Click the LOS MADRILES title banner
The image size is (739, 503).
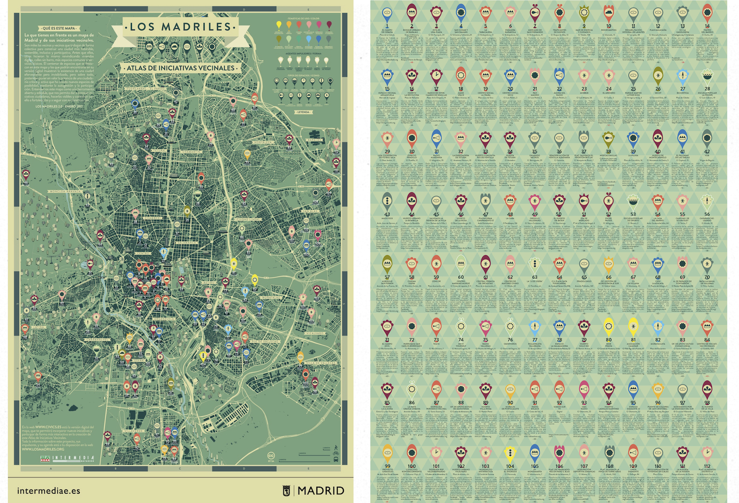click(x=181, y=27)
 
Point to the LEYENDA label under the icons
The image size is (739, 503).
click(x=303, y=112)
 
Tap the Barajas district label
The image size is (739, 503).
click(x=314, y=140)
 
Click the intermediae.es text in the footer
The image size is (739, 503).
click(x=48, y=490)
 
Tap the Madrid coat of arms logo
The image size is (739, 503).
click(x=287, y=490)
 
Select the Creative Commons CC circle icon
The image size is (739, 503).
click(x=271, y=455)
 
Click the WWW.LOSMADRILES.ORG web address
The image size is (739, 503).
click(x=43, y=449)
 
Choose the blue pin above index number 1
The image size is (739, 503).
click(x=387, y=14)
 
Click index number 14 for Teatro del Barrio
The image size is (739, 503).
click(x=707, y=26)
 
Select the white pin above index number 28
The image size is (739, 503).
click(x=707, y=75)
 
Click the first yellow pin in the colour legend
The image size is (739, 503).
click(x=279, y=25)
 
